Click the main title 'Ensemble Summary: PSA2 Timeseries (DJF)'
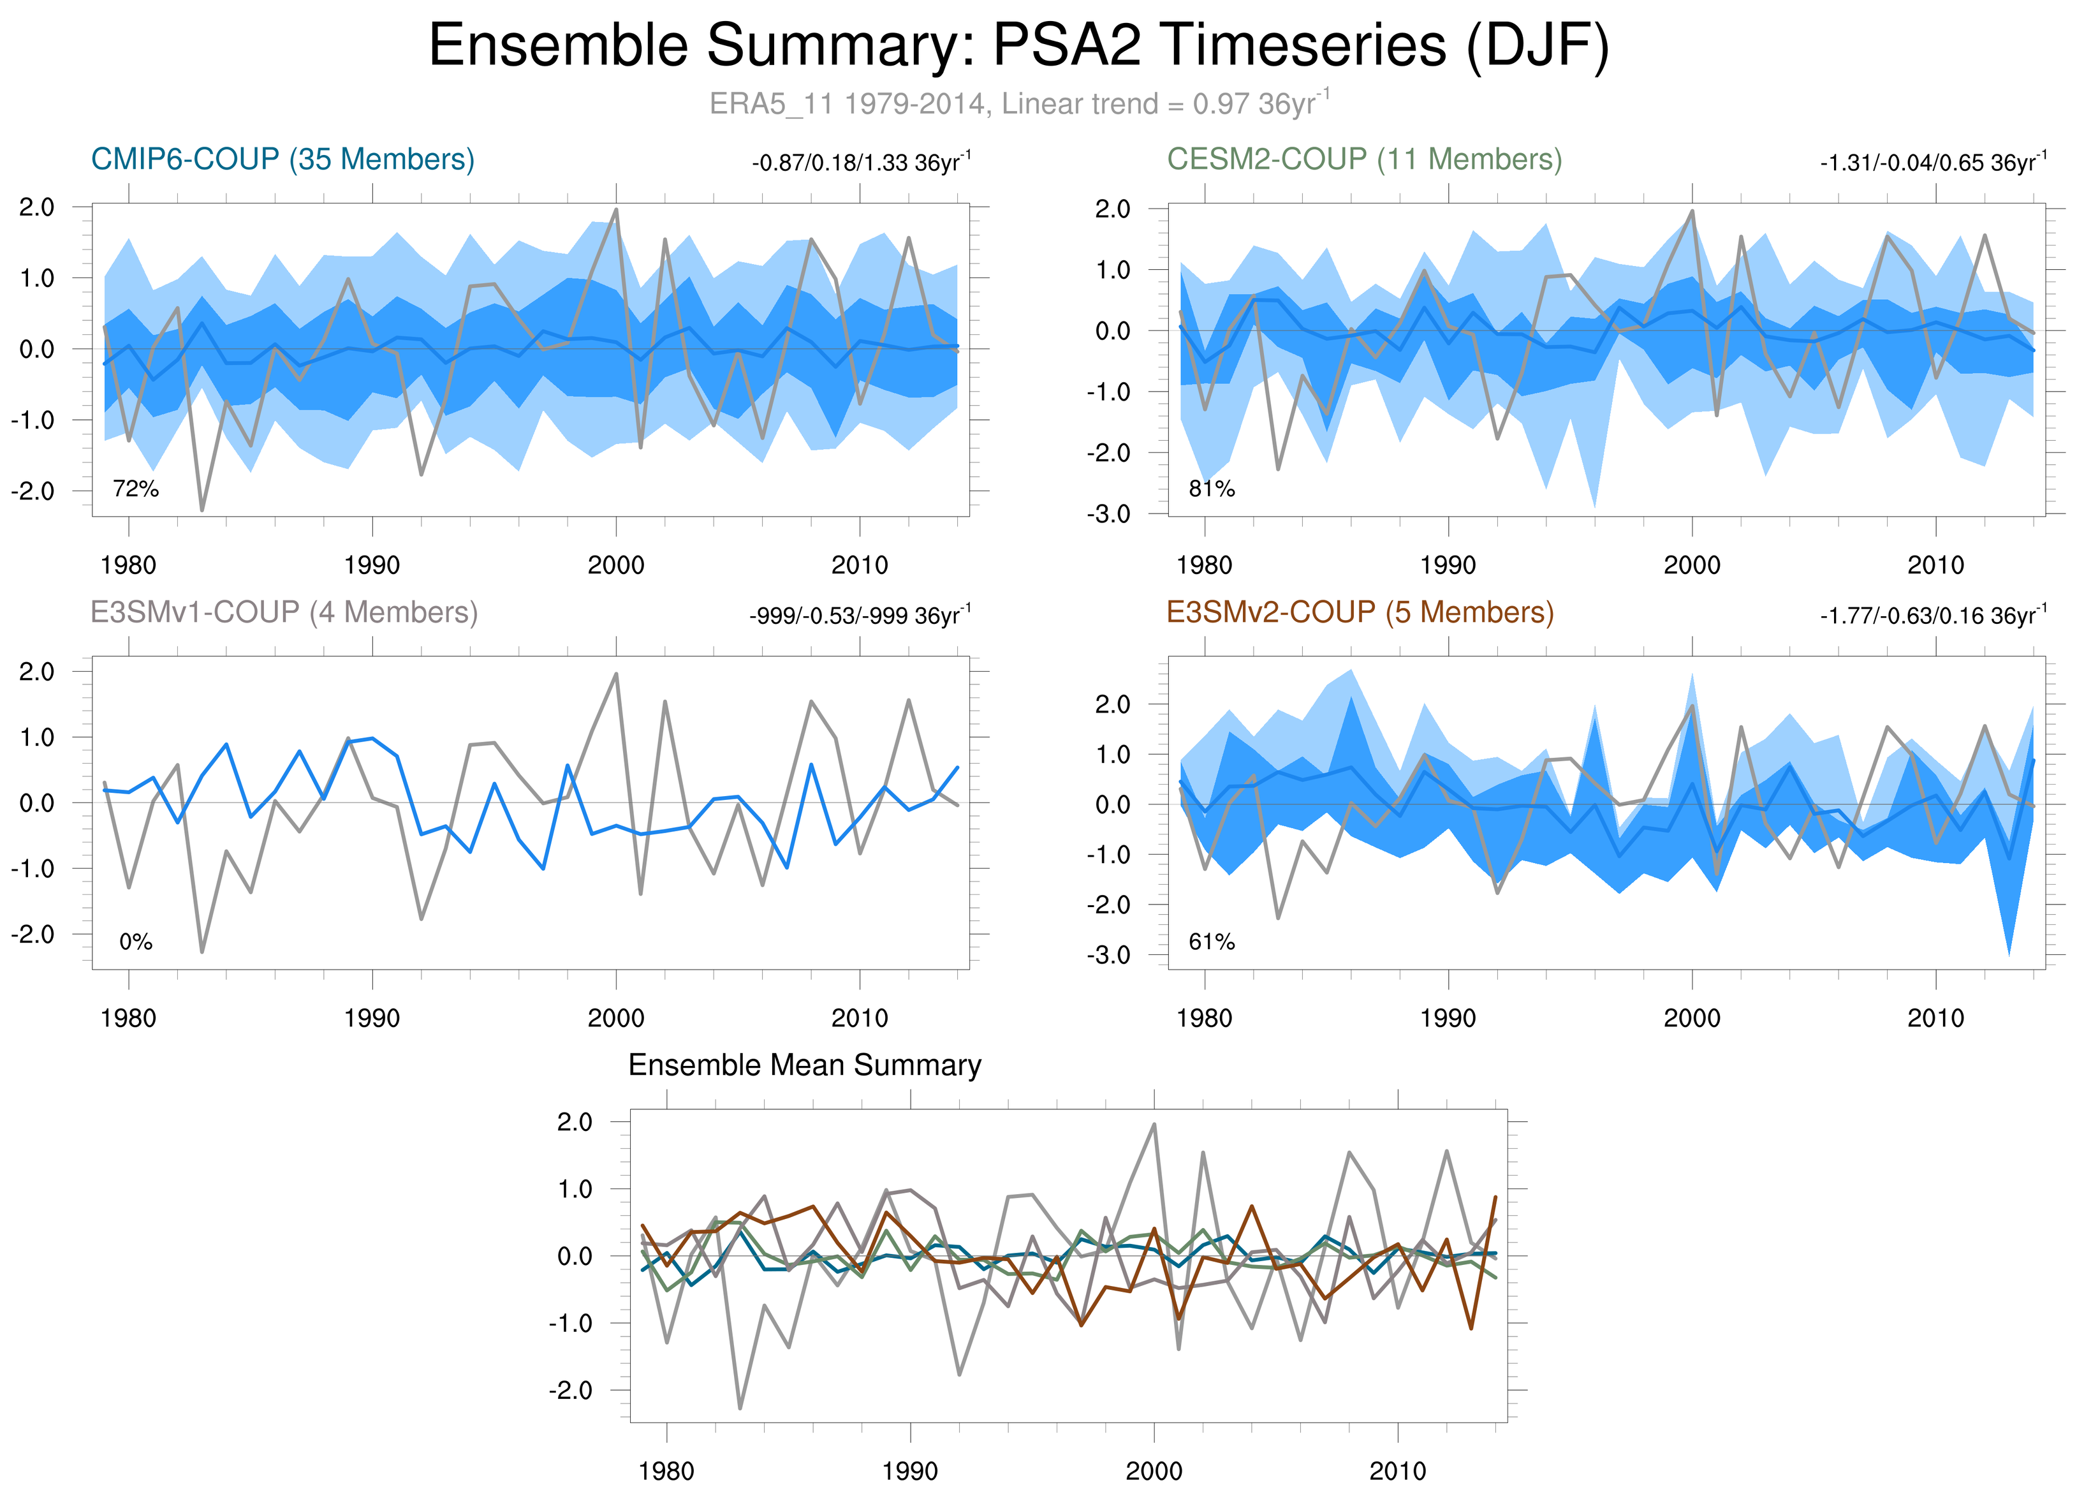click(x=1018, y=46)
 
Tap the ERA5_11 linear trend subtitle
click(x=1018, y=103)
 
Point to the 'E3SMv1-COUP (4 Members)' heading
click(x=284, y=612)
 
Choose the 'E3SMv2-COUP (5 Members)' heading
click(x=1360, y=612)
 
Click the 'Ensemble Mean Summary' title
click(x=804, y=1065)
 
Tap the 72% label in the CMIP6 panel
click(x=136, y=489)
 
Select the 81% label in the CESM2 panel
click(x=1212, y=489)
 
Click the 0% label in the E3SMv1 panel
click(x=136, y=942)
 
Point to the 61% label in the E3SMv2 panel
click(x=1212, y=942)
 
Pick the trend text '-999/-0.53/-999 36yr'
click(x=859, y=616)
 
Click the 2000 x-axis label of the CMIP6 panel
click(x=615, y=565)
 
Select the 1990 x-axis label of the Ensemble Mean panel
click(x=909, y=1471)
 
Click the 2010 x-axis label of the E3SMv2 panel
click(x=1935, y=1017)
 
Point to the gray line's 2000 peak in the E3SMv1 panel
click(x=615, y=674)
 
